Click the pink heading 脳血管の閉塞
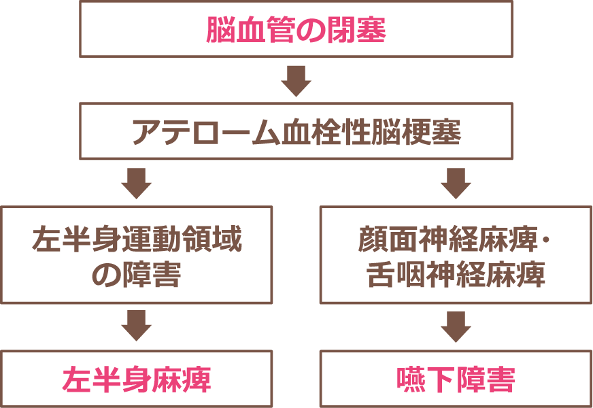[x=296, y=30]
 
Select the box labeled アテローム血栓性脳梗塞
[x=296, y=131]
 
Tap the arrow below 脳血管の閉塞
[x=296, y=80]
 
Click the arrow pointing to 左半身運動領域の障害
[x=136, y=182]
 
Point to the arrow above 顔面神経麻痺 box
[x=456, y=182]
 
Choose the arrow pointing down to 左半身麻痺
[x=136, y=326]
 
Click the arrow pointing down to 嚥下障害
[x=456, y=326]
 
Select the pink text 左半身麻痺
[x=136, y=379]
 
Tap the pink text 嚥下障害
[x=456, y=379]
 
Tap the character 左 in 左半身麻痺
[x=75, y=379]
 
